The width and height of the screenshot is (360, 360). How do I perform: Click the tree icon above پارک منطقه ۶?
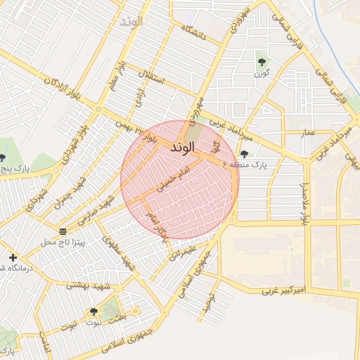[244, 153]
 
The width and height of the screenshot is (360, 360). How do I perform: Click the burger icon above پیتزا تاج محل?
[63, 231]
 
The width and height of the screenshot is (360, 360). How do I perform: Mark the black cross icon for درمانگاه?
[13, 257]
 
